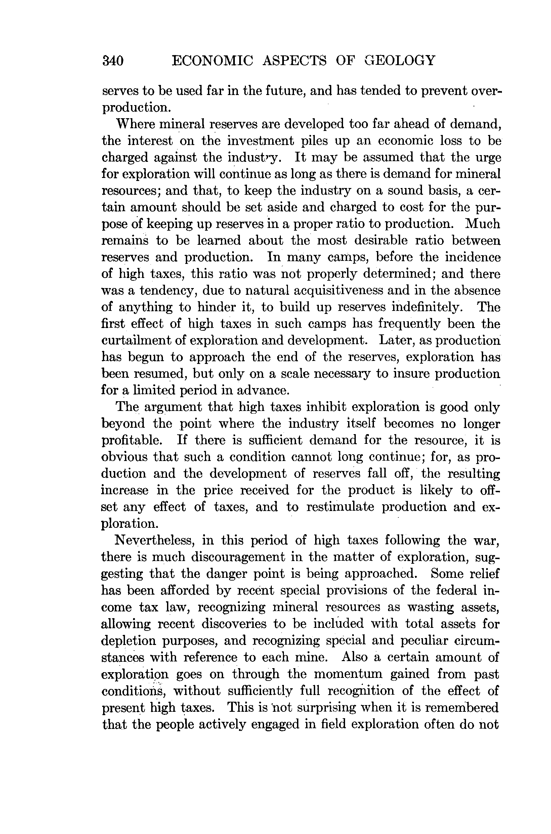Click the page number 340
[x=113, y=61]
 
